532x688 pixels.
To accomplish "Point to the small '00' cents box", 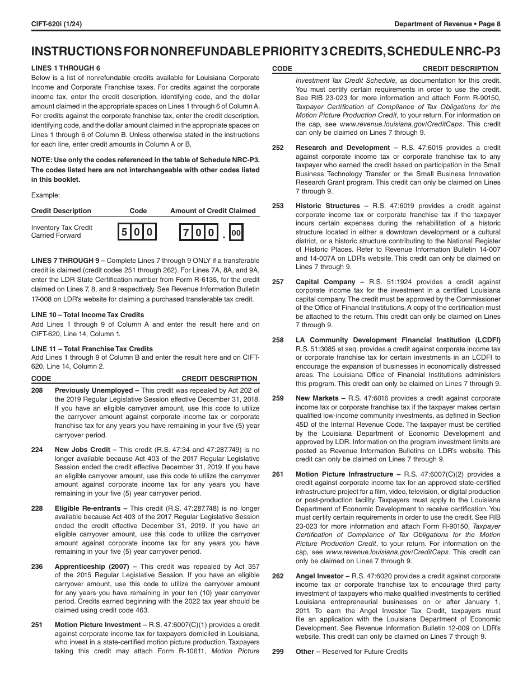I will [236, 232].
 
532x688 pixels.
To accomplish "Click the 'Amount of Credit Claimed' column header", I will [213, 211].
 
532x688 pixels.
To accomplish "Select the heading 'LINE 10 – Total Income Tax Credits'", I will [87, 315].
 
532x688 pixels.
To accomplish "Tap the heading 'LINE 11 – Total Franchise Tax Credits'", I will [92, 349].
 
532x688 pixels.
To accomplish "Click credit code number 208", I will [37, 390].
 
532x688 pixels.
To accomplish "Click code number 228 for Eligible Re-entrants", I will [37, 508].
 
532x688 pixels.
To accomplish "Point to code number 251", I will [37, 625].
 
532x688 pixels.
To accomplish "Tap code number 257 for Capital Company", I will [278, 282].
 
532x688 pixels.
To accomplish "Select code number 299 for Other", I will [278, 652].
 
